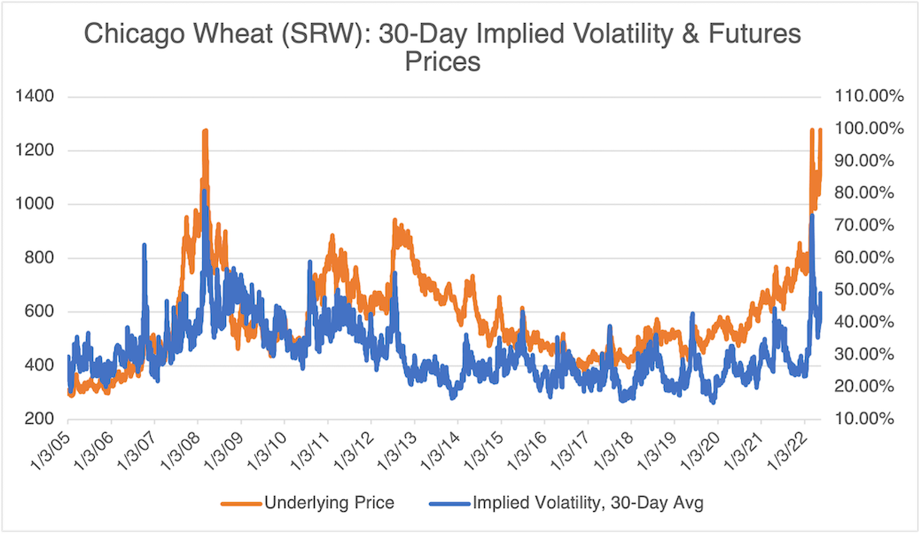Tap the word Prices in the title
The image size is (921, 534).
click(x=443, y=62)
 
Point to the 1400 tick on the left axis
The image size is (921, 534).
click(x=35, y=96)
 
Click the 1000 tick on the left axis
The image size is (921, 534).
click(x=35, y=204)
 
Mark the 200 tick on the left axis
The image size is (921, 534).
click(x=39, y=418)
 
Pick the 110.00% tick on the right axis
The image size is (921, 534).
click(x=869, y=96)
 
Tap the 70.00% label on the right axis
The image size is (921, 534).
click(x=864, y=225)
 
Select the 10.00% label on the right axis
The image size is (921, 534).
click(x=864, y=418)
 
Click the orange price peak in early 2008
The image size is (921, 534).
click(x=205, y=131)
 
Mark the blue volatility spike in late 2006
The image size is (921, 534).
click(x=144, y=245)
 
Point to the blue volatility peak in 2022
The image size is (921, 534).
click(x=812, y=215)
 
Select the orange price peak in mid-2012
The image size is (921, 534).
click(x=395, y=220)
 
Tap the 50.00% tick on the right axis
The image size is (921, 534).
click(x=864, y=290)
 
